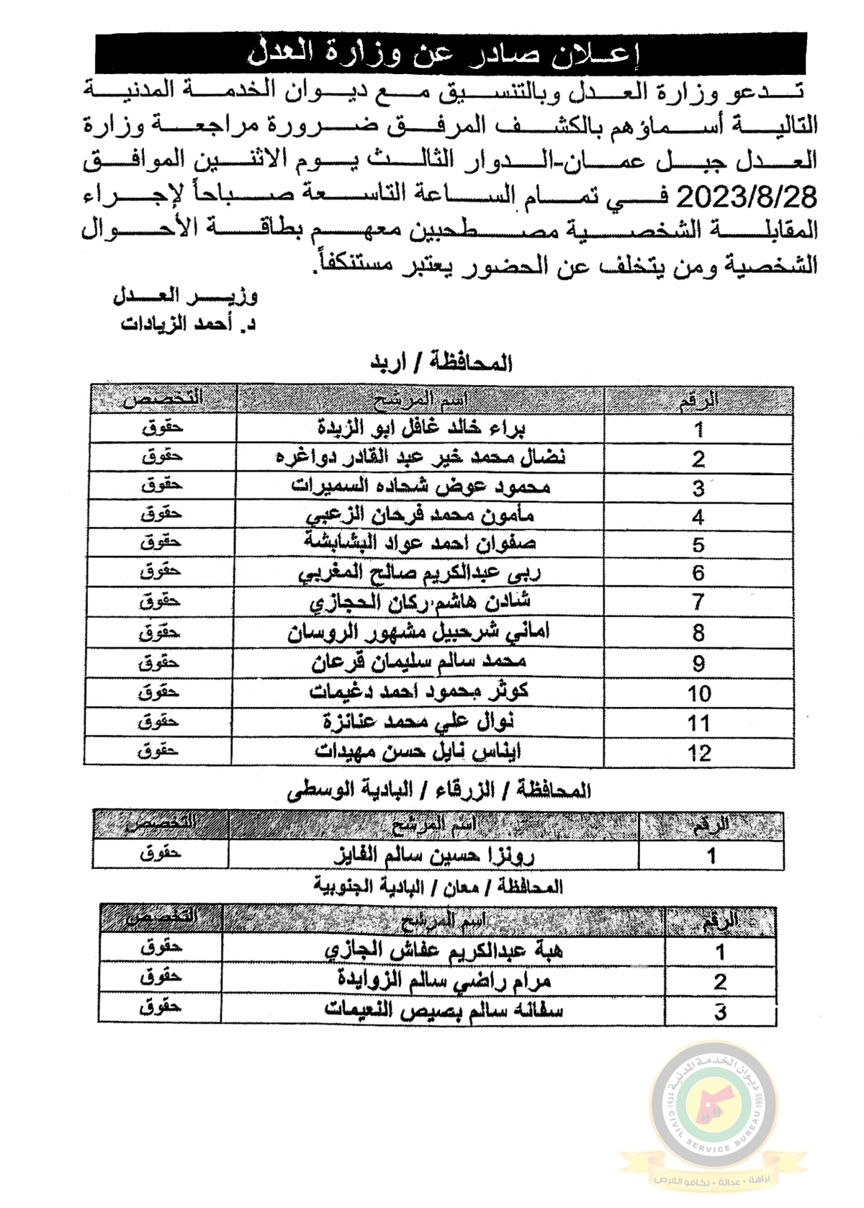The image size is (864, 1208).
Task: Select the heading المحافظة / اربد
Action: coord(440,362)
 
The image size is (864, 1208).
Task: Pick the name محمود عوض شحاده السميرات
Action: coord(421,487)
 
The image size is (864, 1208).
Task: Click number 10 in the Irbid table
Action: coord(698,693)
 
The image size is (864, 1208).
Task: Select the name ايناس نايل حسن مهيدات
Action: coord(419,751)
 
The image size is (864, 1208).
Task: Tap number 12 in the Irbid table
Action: coord(698,753)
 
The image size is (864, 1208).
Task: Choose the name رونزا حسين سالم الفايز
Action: coord(433,855)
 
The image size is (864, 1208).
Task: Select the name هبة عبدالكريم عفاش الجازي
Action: coord(445,950)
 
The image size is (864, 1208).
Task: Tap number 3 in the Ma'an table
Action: coord(719,1011)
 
